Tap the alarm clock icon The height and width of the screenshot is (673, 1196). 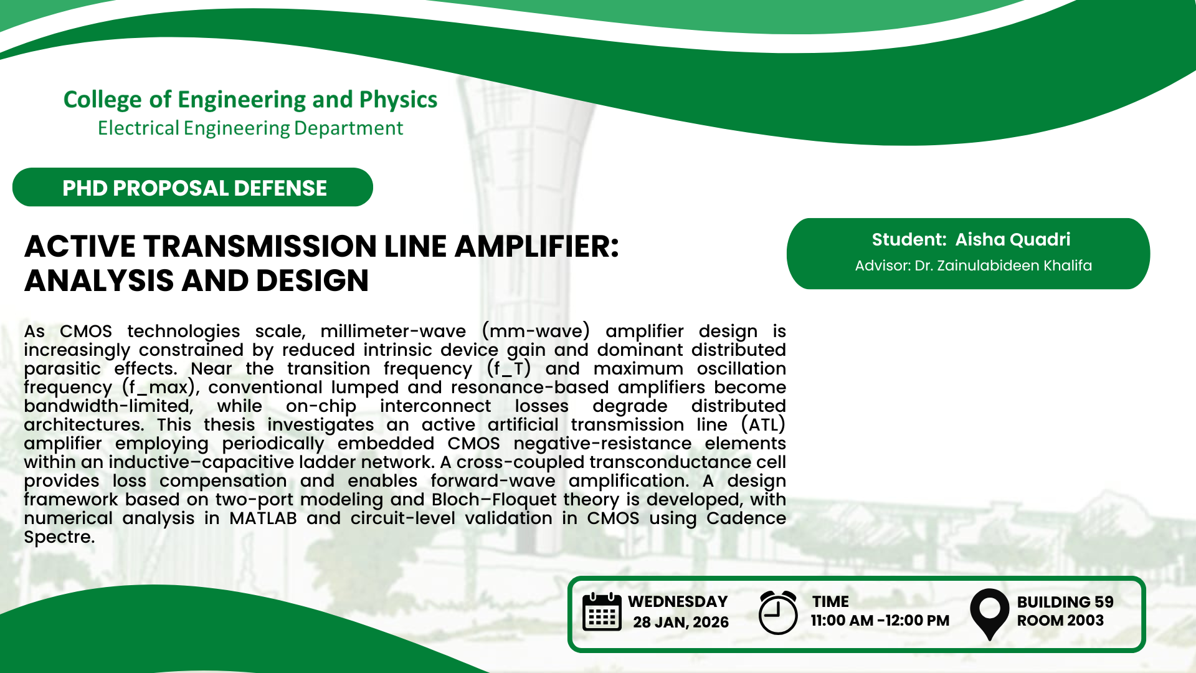coord(778,613)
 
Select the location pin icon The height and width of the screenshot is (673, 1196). coord(989,614)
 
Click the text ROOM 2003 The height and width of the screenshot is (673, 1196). coord(1060,621)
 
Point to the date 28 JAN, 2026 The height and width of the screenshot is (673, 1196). coord(681,622)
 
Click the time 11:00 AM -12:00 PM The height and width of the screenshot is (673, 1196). coord(880,621)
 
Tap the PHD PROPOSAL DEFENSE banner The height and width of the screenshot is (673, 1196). coord(192,187)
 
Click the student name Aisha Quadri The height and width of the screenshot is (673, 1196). coord(1013,239)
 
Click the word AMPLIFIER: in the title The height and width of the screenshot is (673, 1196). coord(536,246)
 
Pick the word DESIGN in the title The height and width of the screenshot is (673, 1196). coord(312,280)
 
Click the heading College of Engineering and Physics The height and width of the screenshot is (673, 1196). coord(250,100)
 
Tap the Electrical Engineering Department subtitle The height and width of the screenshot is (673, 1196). coord(250,128)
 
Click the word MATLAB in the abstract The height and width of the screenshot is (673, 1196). coord(263,518)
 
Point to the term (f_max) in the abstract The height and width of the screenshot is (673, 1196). coord(160,388)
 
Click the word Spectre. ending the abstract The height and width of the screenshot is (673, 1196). coord(59,537)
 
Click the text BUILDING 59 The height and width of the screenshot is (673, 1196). coord(1065,602)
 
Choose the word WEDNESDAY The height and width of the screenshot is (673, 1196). coord(678,601)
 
